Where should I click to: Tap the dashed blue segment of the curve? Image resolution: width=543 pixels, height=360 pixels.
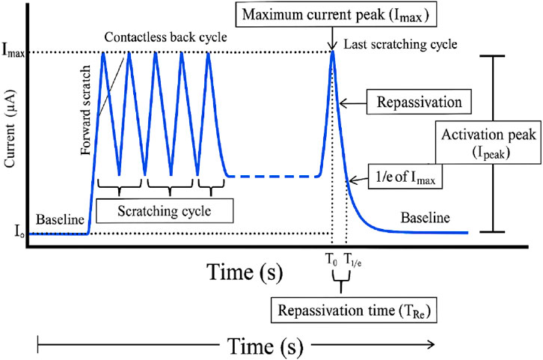click(x=273, y=177)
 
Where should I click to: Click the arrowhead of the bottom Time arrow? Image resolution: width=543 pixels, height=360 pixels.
click(x=430, y=344)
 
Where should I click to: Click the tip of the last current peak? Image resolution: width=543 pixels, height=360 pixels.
click(x=332, y=52)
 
